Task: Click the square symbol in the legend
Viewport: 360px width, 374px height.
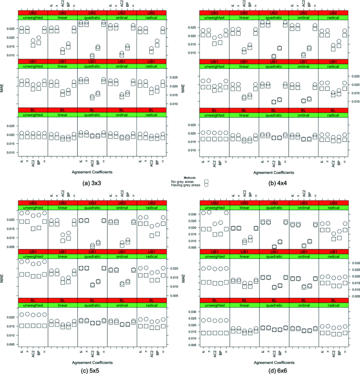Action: [207, 182]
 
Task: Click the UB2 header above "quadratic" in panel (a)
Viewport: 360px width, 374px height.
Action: [91, 12]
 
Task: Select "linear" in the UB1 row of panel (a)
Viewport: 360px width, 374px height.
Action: [62, 66]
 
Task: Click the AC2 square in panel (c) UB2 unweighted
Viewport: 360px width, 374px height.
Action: [34, 228]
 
